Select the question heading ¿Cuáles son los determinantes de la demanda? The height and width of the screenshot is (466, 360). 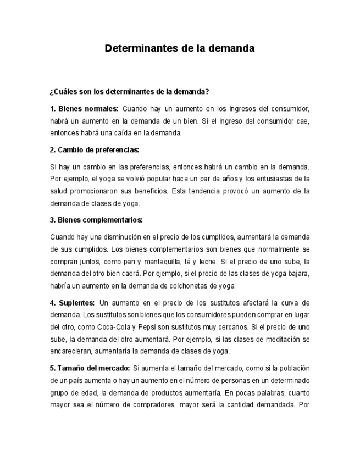(129, 91)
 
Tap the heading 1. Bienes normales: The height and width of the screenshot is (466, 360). (84, 108)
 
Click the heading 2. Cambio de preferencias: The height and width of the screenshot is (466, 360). (94, 150)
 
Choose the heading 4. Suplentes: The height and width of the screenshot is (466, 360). (72, 303)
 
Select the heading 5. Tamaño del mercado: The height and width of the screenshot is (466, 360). (90, 368)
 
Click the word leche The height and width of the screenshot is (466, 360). (228, 262)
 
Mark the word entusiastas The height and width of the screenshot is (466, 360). (276, 179)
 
